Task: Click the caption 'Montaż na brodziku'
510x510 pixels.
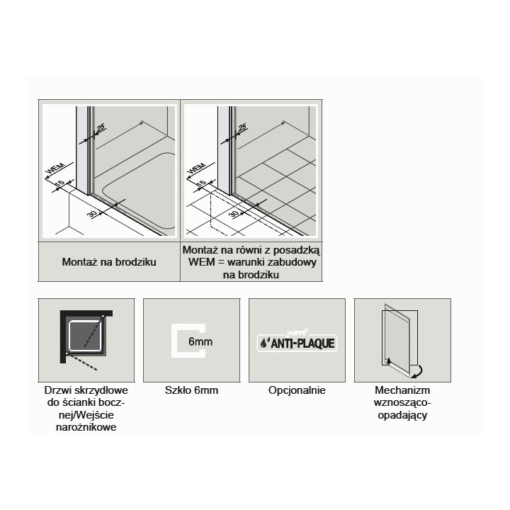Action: [109, 262]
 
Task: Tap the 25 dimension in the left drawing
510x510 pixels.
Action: [101, 127]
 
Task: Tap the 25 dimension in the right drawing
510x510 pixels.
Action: [242, 127]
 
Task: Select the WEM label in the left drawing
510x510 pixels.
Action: [55, 169]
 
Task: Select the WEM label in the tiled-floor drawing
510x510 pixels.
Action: [197, 169]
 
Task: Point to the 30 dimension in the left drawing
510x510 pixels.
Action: [93, 215]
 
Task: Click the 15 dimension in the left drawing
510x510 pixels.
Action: [60, 183]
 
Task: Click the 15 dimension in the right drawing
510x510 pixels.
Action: [202, 183]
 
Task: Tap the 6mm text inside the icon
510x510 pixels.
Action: [200, 341]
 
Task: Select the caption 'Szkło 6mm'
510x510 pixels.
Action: [191, 390]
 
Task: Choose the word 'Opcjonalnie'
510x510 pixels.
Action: [297, 390]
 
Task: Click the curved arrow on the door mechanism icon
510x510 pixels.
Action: [419, 372]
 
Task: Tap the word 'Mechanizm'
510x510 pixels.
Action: [402, 390]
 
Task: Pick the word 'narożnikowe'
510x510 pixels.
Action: [86, 426]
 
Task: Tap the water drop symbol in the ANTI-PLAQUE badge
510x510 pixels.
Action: [263, 343]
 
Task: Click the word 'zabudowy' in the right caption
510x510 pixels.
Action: [295, 262]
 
